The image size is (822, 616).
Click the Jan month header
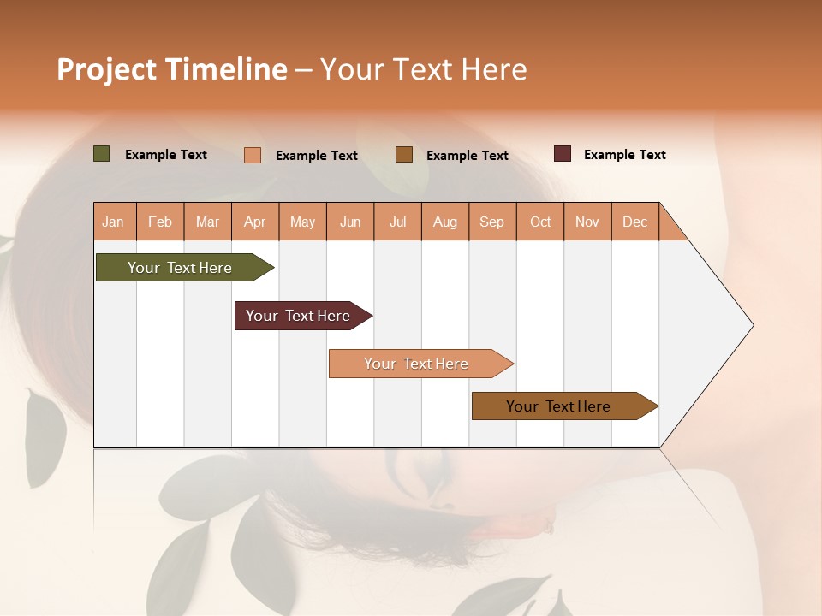point(113,222)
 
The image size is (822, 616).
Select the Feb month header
point(160,222)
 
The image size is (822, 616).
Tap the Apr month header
point(254,222)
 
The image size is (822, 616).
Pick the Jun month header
point(350,222)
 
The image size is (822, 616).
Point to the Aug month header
point(444,222)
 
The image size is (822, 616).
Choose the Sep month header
point(491,222)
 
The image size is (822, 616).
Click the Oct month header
point(540,222)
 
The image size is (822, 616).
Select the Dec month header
point(634,222)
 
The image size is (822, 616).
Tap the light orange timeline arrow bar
point(418,364)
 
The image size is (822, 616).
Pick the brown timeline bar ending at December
point(561,406)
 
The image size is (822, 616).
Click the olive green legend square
point(102,154)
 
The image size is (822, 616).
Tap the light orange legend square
point(253,155)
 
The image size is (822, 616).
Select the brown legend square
point(404,154)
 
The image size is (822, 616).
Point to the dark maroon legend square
point(563,154)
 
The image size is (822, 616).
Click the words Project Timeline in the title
point(172,69)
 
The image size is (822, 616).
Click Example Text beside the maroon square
point(624,155)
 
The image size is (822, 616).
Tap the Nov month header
point(587,222)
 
